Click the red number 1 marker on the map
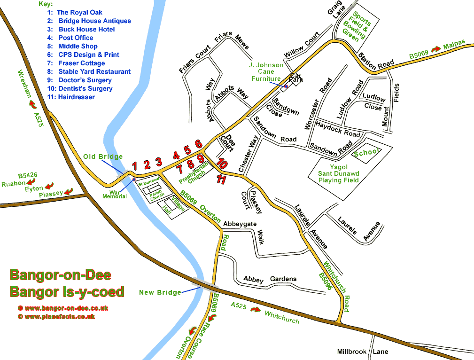tap(134, 165)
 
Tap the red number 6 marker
tap(198, 144)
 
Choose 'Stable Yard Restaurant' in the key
tap(94, 71)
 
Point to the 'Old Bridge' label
tap(103, 157)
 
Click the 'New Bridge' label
tap(160, 292)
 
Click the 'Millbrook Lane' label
tap(363, 352)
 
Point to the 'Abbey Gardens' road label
tap(270, 279)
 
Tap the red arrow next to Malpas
tap(437, 48)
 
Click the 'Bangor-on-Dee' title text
tap(60, 275)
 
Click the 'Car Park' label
tap(295, 78)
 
